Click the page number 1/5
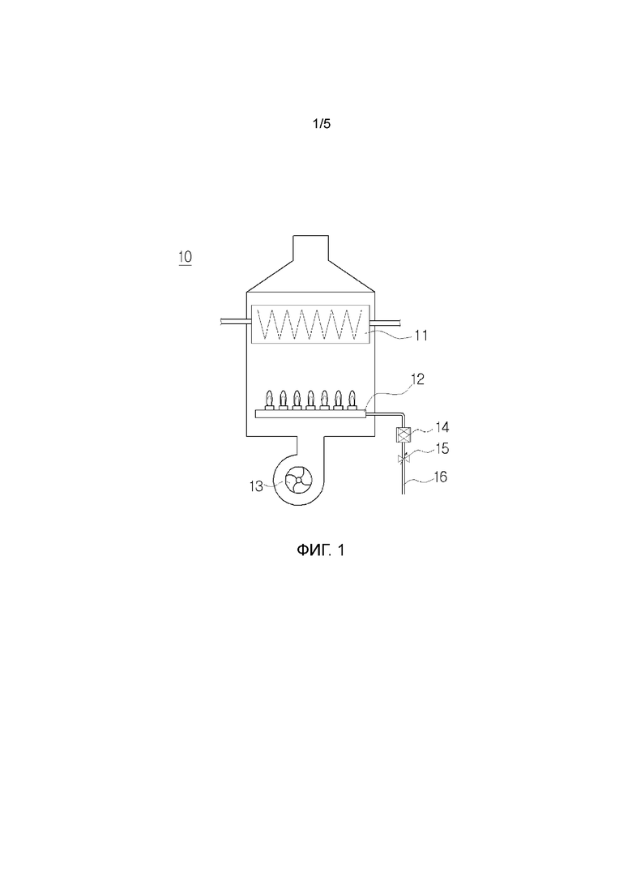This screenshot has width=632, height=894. (x=322, y=124)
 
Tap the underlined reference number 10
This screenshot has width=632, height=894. (x=186, y=257)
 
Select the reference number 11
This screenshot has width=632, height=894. (x=421, y=336)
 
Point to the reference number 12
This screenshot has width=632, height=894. (x=418, y=379)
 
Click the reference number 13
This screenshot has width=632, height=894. (x=256, y=486)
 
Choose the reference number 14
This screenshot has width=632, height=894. (x=442, y=427)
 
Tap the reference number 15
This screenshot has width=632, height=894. (x=442, y=449)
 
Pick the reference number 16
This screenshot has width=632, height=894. (x=441, y=477)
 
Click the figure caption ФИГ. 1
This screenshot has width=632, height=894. (x=321, y=550)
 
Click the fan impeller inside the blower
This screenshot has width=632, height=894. (x=299, y=481)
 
